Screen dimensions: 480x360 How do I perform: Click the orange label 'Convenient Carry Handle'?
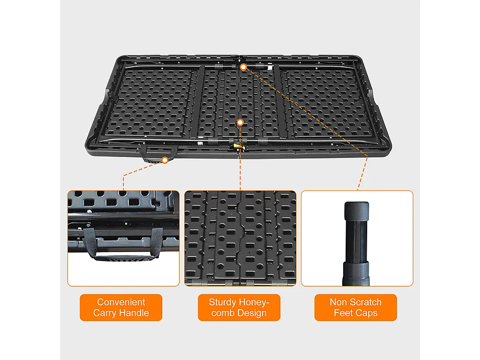[121, 307]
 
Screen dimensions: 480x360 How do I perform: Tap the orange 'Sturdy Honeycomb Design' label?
[239, 307]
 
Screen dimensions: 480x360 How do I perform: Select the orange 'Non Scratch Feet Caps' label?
[355, 307]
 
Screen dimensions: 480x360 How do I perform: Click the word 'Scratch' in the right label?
[365, 302]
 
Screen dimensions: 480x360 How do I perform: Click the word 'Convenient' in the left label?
[121, 302]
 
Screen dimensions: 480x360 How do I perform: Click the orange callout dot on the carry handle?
[165, 160]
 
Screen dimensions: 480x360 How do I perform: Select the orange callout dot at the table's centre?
[240, 122]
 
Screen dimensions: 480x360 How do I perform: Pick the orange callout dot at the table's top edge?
[243, 67]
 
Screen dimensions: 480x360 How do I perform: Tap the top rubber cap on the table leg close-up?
[357, 211]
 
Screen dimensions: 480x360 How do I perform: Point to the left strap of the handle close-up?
[90, 242]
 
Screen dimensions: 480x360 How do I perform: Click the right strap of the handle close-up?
[157, 242]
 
